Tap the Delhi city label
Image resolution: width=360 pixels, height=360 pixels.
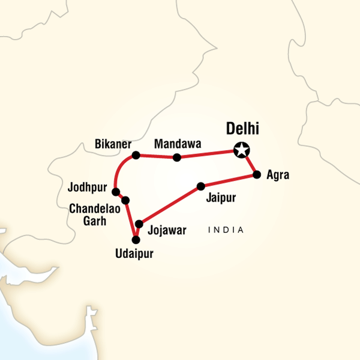pos(245,129)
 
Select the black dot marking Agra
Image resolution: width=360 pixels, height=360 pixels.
pos(257,175)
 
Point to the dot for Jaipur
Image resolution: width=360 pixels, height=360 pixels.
pos(201,186)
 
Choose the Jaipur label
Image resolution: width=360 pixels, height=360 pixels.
pos(221,197)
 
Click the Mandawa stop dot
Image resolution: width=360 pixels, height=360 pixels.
pos(176,158)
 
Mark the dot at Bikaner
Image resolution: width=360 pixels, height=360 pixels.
pos(136,155)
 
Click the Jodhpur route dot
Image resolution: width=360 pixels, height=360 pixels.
pos(116,192)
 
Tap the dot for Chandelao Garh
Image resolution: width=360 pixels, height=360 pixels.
pos(125,200)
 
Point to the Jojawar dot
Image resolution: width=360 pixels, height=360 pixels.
pos(139,224)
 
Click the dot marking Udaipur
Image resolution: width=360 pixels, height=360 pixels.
pos(136,240)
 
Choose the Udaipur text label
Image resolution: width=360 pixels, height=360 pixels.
pos(134,254)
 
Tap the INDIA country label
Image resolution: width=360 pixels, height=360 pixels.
pos(226,230)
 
